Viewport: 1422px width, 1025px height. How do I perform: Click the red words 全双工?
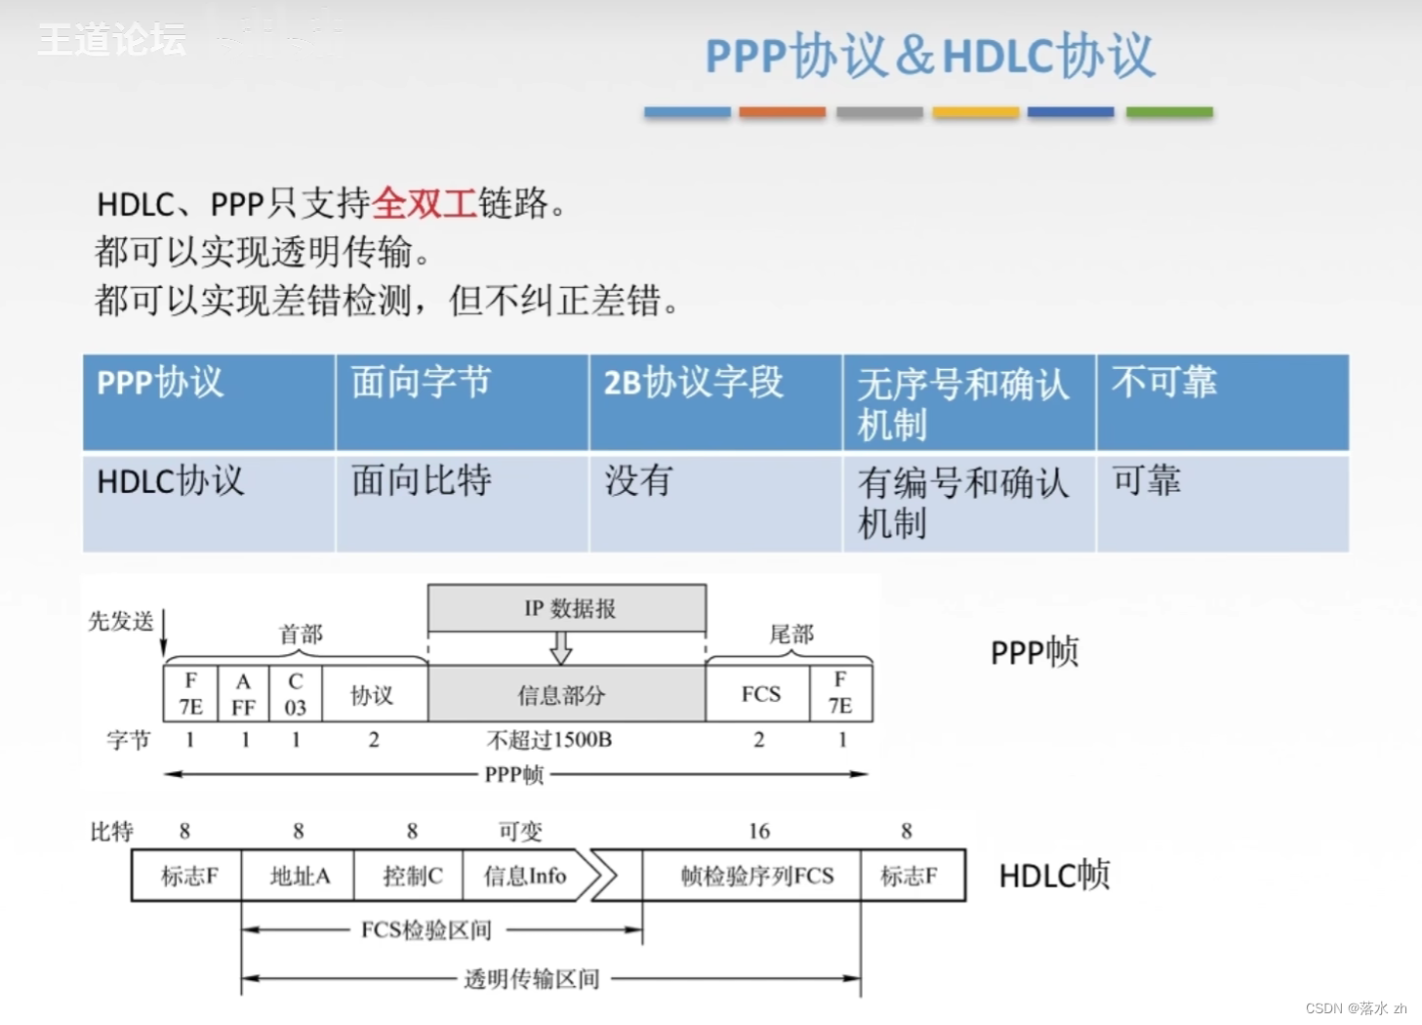[x=424, y=203]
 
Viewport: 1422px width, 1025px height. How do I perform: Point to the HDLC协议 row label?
[x=170, y=481]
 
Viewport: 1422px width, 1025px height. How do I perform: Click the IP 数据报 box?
[x=567, y=608]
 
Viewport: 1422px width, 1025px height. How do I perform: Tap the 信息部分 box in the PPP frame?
[x=566, y=694]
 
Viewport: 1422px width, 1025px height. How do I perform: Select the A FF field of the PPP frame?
[x=243, y=694]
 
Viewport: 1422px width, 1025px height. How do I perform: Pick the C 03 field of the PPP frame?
[x=296, y=694]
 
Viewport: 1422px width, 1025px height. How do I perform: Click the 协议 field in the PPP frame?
[x=373, y=694]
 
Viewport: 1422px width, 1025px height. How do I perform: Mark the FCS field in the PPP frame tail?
[x=759, y=694]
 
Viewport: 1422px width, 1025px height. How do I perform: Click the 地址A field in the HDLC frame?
[x=299, y=876]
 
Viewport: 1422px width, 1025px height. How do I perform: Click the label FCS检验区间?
[x=427, y=929]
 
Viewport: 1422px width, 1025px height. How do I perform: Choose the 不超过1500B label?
[x=549, y=740]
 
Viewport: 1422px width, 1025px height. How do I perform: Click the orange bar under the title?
[x=782, y=112]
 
